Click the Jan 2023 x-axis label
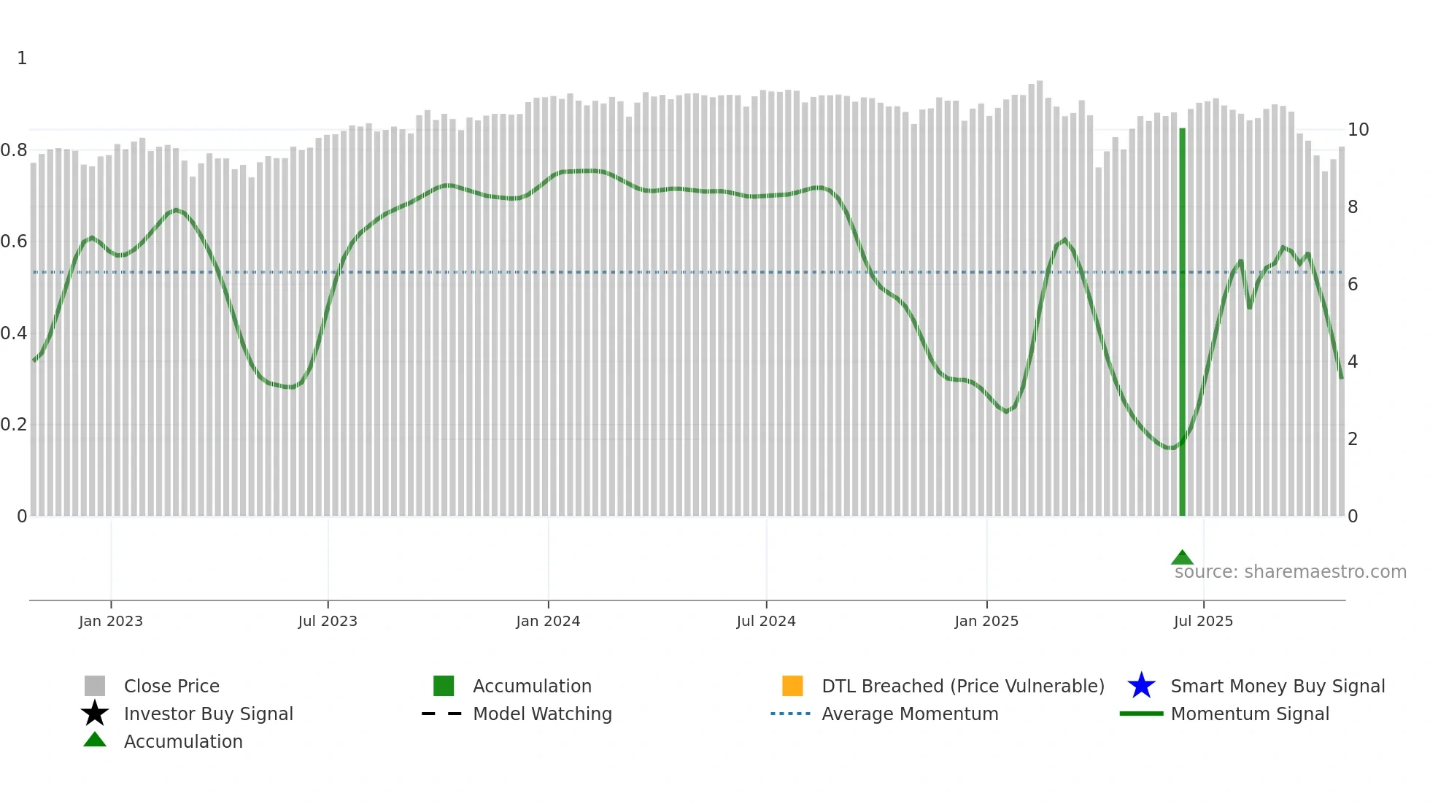tap(111, 621)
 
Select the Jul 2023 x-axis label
tap(328, 621)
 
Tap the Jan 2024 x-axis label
tap(548, 621)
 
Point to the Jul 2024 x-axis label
tap(766, 621)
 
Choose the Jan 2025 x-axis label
tap(986, 621)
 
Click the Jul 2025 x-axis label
tap(1203, 621)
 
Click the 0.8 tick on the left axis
tap(14, 150)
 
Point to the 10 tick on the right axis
tap(1358, 130)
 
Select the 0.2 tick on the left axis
tap(14, 425)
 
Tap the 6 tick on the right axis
tap(1353, 285)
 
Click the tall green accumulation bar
tap(1182, 321)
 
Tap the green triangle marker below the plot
tap(1182, 558)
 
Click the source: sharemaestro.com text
tap(1290, 572)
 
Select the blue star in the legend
tap(1141, 686)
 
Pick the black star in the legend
tap(95, 714)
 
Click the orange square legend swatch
tap(792, 686)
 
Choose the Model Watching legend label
tap(542, 714)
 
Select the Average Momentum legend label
tap(910, 714)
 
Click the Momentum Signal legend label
tap(1250, 714)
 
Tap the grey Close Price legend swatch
tap(95, 686)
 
